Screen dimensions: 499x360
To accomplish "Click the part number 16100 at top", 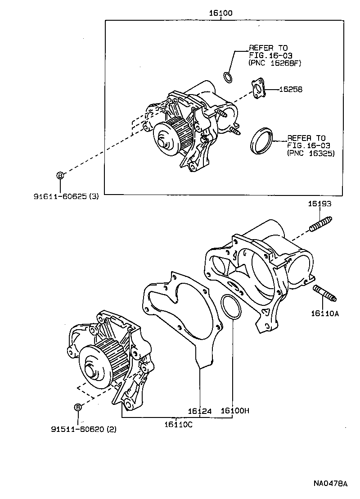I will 220,14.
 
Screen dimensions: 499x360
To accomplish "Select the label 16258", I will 291,90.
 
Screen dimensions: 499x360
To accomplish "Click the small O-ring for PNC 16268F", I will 229,77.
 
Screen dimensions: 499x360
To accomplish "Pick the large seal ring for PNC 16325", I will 261,141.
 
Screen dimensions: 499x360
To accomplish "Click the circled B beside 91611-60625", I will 60,176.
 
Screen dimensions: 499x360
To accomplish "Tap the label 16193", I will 319,204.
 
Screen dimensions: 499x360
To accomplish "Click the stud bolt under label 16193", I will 321,224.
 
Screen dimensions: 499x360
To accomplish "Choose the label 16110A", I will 324,314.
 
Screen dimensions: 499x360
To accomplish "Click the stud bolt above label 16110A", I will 324,292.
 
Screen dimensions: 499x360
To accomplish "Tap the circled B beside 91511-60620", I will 77,407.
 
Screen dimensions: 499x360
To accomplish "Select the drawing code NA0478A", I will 331,484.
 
